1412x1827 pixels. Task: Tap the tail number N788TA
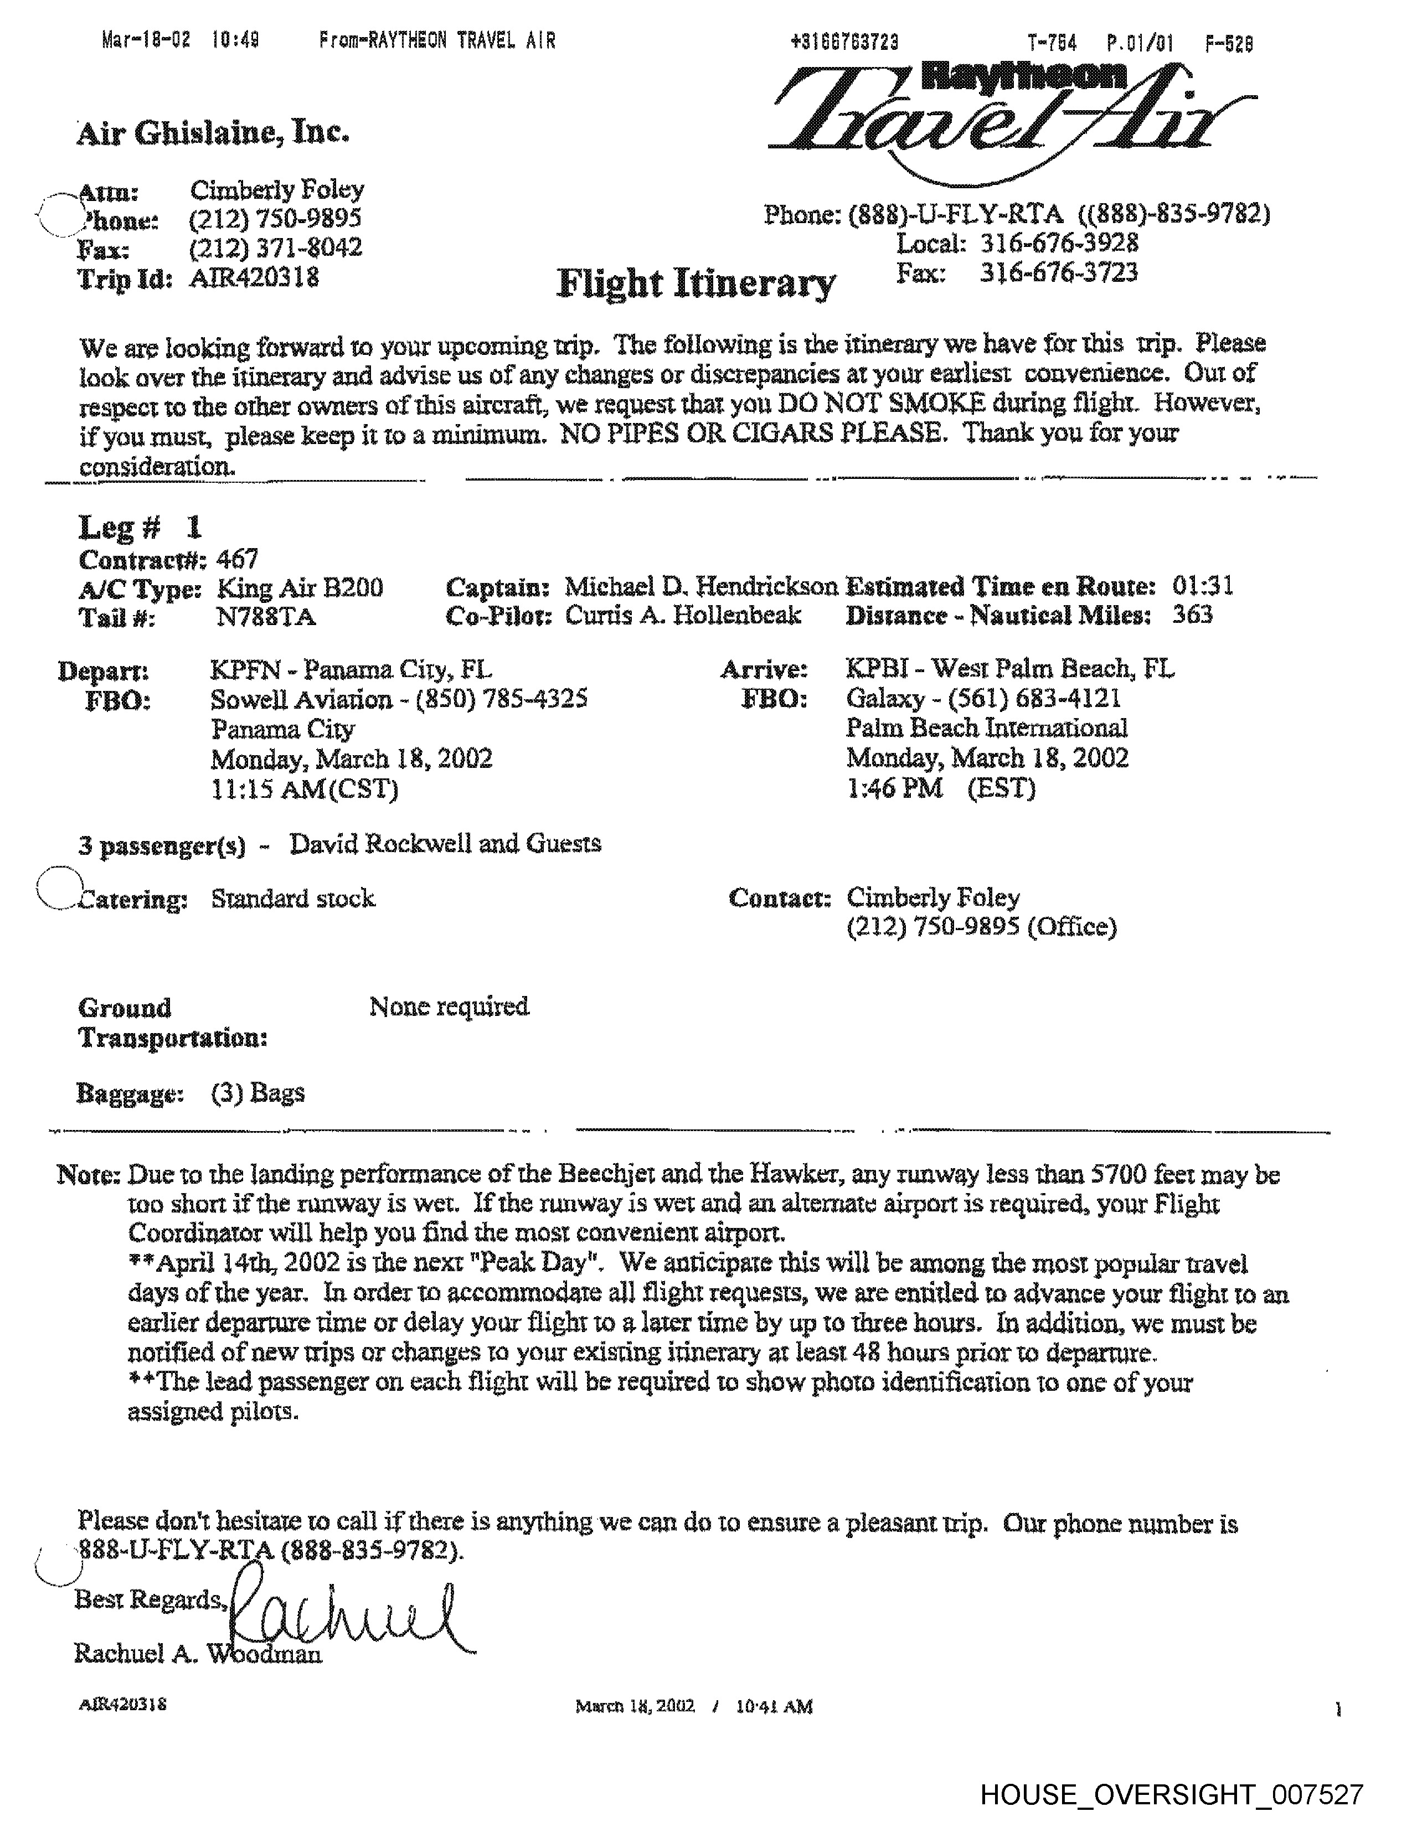[265, 617]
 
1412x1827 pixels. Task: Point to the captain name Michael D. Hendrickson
[701, 586]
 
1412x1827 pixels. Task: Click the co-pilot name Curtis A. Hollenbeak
[683, 616]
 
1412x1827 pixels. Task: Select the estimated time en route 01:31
[1202, 586]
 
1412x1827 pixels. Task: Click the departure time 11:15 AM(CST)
[303, 789]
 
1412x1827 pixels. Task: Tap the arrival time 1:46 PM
[893, 788]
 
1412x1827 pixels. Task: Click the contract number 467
[237, 558]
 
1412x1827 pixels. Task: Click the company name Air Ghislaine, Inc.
[213, 132]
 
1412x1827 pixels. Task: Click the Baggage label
[131, 1093]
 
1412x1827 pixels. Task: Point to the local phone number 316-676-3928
[1058, 244]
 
